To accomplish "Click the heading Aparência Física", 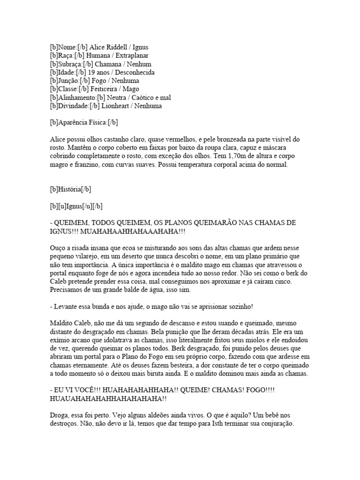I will (x=84, y=123).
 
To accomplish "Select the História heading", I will (x=70, y=189).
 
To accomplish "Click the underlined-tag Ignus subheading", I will (x=77, y=206).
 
